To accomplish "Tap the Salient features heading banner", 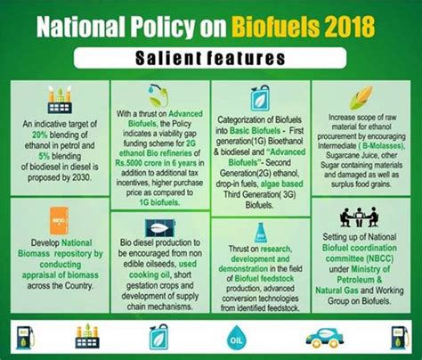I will pos(212,58).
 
